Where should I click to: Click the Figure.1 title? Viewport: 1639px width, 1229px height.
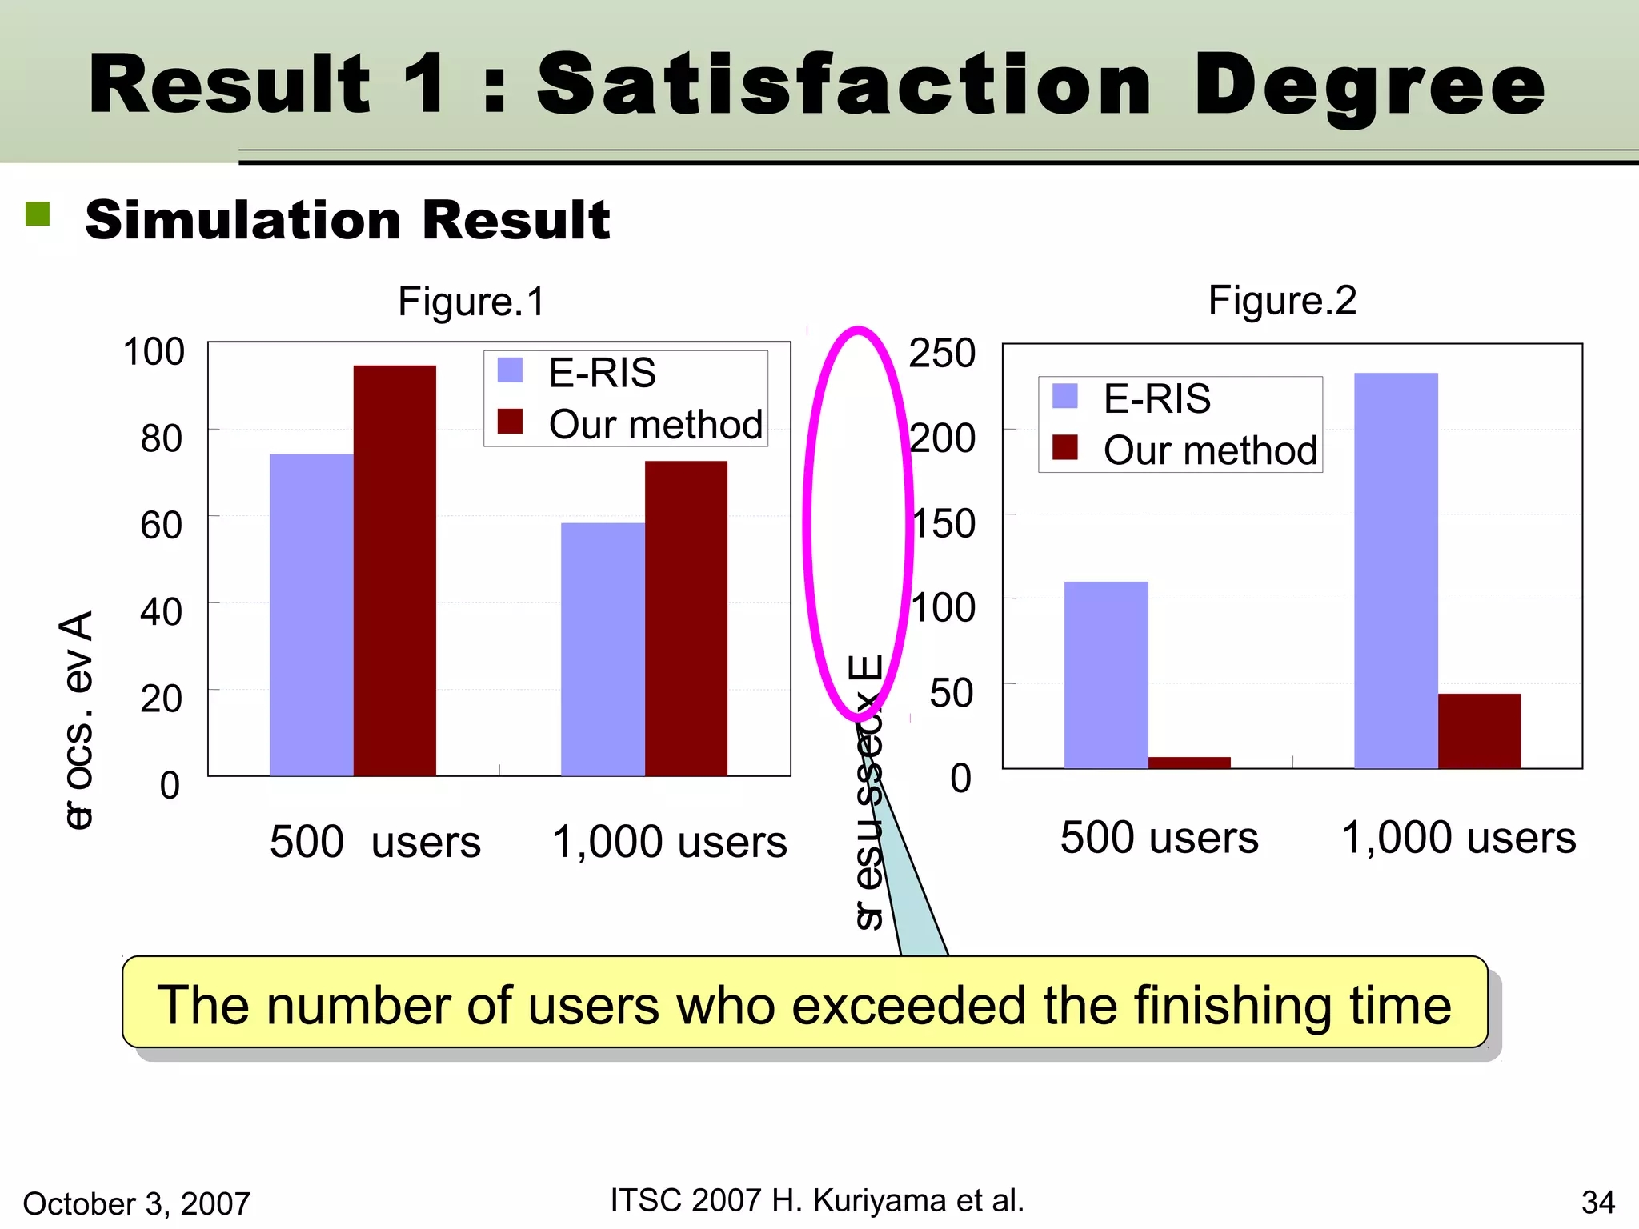click(471, 302)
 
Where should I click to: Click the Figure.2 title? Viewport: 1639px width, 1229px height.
click(1282, 301)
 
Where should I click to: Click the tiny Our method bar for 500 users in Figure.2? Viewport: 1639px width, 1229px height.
click(1189, 763)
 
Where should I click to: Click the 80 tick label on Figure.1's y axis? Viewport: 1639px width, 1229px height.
click(161, 438)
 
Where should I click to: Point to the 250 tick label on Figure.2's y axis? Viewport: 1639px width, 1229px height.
click(942, 353)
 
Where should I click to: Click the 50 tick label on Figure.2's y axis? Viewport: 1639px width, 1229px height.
click(952, 693)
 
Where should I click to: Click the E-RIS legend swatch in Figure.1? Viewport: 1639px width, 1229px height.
click(510, 370)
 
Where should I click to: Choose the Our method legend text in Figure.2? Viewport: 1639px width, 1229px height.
click(1209, 450)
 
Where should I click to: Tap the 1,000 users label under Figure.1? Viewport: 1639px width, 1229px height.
click(670, 842)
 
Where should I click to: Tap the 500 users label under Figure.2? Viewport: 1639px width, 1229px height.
click(1159, 838)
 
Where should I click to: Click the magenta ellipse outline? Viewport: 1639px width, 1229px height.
click(807, 524)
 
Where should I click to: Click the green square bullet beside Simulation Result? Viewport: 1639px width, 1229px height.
click(38, 214)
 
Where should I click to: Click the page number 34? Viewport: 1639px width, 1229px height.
click(1597, 1203)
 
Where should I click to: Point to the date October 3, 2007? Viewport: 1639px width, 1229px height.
click(137, 1203)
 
